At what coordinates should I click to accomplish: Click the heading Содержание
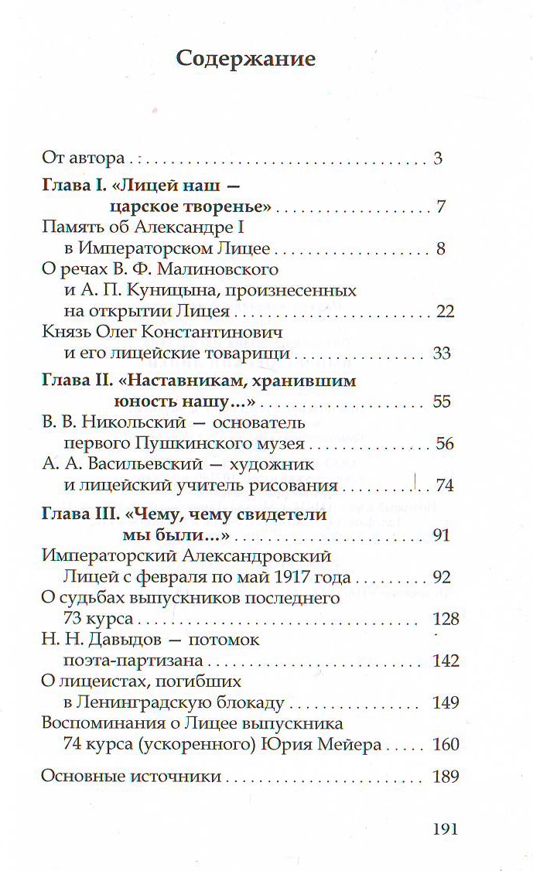(246, 60)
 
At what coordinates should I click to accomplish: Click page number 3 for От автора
(437, 159)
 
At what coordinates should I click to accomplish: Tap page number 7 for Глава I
(440, 207)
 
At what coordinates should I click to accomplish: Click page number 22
(444, 311)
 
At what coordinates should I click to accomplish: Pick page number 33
(442, 354)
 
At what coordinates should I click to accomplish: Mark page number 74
(444, 486)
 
